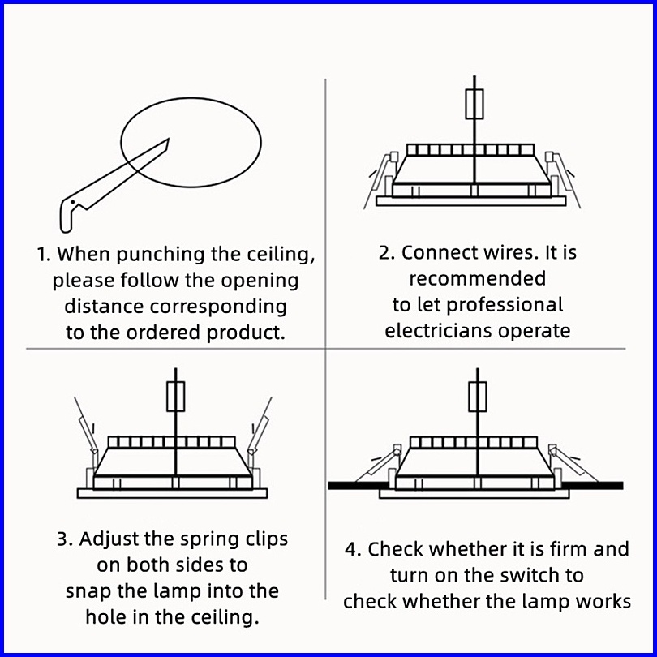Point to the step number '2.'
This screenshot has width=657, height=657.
pyautogui.click(x=386, y=252)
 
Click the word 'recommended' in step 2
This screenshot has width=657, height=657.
pyautogui.click(x=477, y=279)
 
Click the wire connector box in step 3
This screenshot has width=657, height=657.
pyautogui.click(x=175, y=397)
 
